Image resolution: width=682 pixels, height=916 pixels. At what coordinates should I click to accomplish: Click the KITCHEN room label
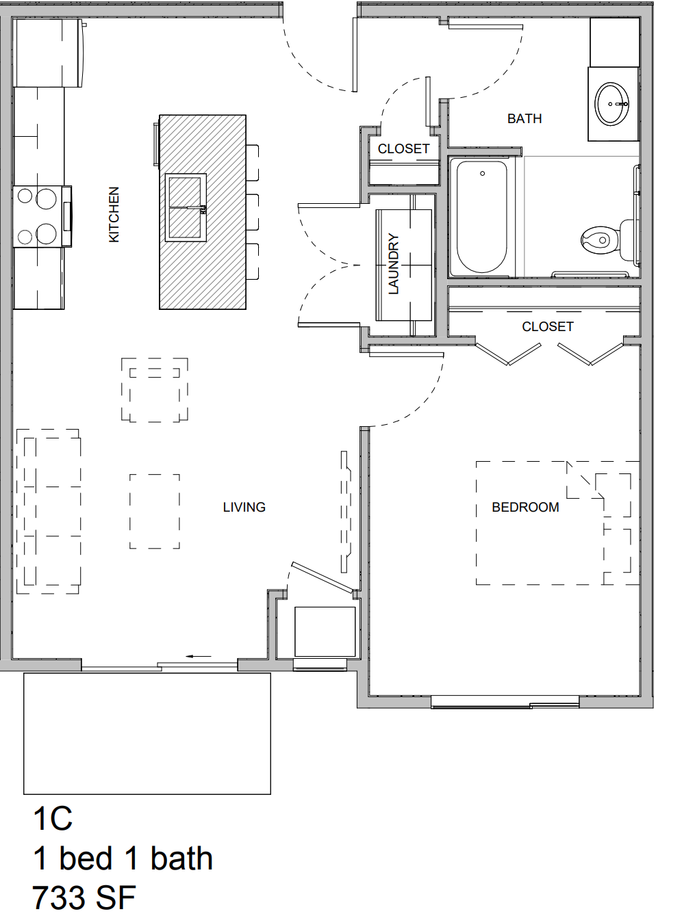click(x=114, y=214)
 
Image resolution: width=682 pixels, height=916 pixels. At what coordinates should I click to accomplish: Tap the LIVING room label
click(x=244, y=507)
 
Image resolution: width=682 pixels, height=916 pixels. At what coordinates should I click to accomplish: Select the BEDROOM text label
click(x=525, y=507)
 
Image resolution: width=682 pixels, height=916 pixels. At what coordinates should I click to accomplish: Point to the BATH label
click(x=525, y=119)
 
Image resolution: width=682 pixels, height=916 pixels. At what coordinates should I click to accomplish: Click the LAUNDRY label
click(x=394, y=264)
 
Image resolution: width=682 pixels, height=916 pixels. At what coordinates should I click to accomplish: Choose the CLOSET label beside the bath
click(x=403, y=148)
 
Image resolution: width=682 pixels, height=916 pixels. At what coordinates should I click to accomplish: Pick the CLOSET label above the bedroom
click(x=548, y=327)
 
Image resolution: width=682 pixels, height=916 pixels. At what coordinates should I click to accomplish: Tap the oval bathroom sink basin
click(x=612, y=104)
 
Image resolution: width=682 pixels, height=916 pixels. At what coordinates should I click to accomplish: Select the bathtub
click(x=482, y=218)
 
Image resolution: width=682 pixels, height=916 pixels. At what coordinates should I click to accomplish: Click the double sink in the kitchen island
click(x=186, y=207)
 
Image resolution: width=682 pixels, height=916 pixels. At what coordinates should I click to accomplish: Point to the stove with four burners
click(x=42, y=217)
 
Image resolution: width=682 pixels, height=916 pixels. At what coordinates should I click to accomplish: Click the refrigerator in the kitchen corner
click(x=49, y=53)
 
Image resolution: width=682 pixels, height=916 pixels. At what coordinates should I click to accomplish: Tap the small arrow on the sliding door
click(x=199, y=656)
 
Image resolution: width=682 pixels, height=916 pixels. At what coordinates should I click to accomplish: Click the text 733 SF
click(x=84, y=898)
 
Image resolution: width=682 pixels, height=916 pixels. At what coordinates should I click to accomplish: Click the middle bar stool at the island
click(x=253, y=212)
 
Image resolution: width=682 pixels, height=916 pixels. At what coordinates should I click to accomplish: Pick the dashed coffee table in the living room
click(x=155, y=511)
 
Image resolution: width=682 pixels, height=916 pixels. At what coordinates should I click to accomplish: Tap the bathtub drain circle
click(x=482, y=174)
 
